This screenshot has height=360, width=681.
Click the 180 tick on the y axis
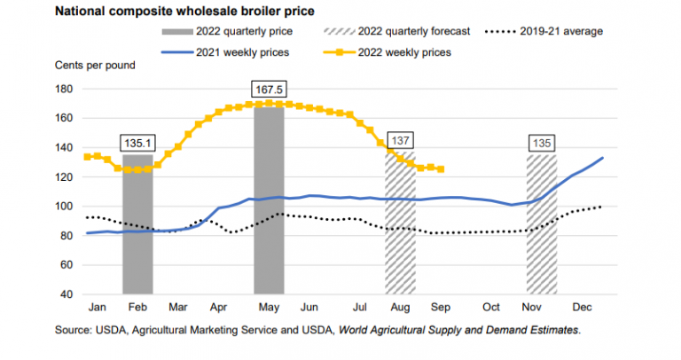point(64,89)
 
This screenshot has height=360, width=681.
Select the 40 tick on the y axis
point(67,294)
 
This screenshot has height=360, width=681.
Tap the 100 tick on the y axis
point(64,207)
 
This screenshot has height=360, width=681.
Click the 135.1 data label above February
point(137,143)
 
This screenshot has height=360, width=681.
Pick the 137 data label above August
point(400,139)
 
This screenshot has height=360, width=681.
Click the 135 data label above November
point(541,143)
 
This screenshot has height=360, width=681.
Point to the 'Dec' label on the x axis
point(583,308)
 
